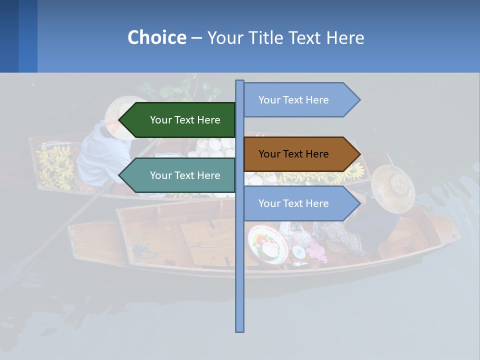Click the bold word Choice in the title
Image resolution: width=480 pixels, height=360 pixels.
(156, 37)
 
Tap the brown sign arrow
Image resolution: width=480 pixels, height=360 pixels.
(297, 154)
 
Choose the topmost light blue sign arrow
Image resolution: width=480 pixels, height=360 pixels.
(297, 100)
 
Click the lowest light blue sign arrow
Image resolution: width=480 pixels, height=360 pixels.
(297, 203)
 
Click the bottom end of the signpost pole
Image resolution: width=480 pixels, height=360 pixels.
(240, 330)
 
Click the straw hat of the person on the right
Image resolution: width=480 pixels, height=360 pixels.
(393, 187)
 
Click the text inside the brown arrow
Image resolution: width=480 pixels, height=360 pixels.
(293, 154)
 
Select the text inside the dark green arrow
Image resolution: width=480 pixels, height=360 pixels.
(185, 120)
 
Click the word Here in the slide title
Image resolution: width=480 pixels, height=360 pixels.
(345, 37)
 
